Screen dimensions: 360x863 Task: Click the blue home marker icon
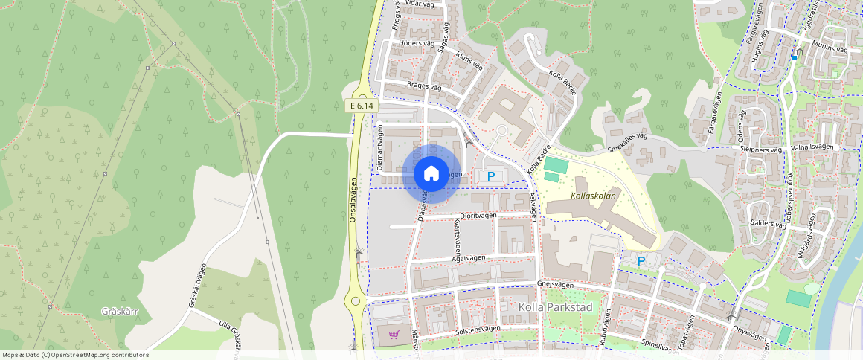pyautogui.click(x=431, y=174)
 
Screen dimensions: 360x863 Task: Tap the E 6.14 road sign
pyautogui.click(x=362, y=106)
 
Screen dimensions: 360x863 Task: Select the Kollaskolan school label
pyautogui.click(x=594, y=196)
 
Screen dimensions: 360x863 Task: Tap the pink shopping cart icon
pyautogui.click(x=394, y=335)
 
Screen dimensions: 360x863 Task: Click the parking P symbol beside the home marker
pyautogui.click(x=490, y=176)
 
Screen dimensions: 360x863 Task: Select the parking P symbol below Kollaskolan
pyautogui.click(x=641, y=261)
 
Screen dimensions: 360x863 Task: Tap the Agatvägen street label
pyautogui.click(x=469, y=258)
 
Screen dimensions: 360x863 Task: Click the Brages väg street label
pyautogui.click(x=425, y=86)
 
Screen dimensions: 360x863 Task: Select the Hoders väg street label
pyautogui.click(x=417, y=43)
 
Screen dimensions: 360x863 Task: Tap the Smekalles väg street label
pyautogui.click(x=628, y=141)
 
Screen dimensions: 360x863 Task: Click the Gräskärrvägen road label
pyautogui.click(x=197, y=285)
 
